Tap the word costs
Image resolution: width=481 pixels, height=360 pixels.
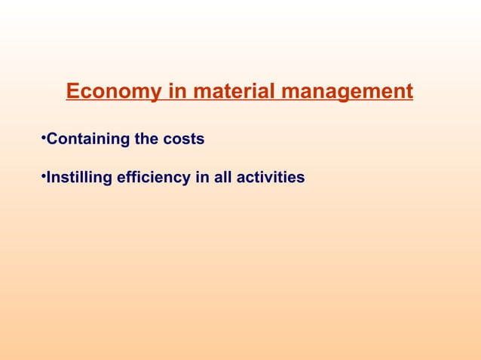(x=184, y=139)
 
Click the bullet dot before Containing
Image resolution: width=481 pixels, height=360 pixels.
(x=43, y=138)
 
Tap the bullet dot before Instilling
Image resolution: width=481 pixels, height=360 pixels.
(x=43, y=176)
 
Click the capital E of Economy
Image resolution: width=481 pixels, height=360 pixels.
(x=73, y=93)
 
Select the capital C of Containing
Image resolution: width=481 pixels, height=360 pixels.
(x=52, y=139)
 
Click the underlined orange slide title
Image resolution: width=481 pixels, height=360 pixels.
(x=240, y=93)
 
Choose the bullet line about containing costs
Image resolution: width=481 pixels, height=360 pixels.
(x=124, y=139)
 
